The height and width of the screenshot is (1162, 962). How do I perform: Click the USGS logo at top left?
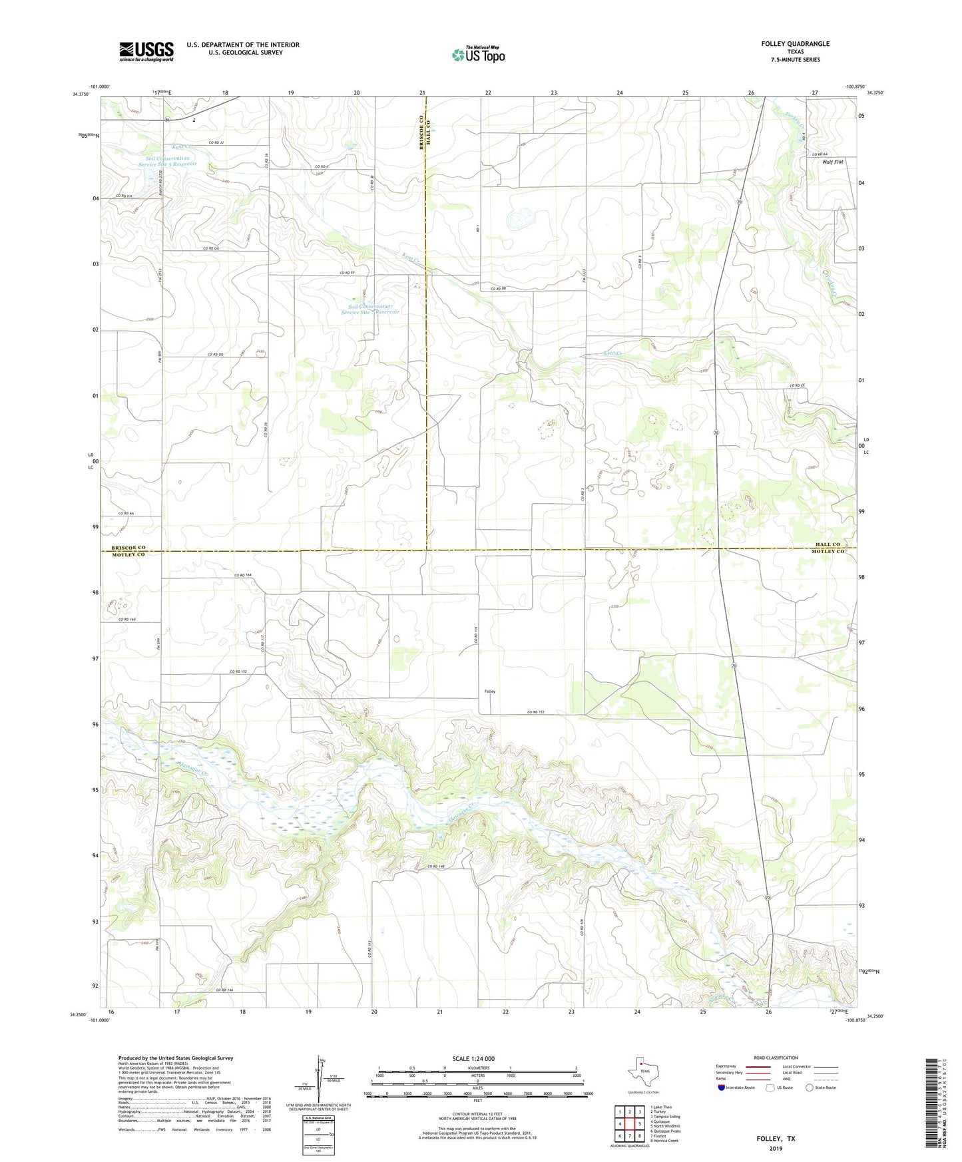[146, 51]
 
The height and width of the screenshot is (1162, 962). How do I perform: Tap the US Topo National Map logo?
[478, 55]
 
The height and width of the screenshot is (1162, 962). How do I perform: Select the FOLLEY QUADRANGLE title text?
[795, 44]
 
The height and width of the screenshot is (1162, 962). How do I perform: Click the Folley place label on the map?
[489, 691]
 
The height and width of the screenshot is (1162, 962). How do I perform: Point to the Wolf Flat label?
[832, 162]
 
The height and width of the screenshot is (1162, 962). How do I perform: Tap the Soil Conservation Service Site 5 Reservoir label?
[168, 161]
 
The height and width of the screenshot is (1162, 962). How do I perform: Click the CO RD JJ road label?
[216, 143]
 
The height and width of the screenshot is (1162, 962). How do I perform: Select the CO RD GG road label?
[211, 248]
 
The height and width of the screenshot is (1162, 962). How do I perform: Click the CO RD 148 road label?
[436, 866]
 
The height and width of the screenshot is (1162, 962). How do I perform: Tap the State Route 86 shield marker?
[168, 120]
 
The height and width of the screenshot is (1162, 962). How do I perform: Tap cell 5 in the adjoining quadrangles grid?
[639, 1123]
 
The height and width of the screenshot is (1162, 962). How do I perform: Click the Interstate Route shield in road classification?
[722, 1087]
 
